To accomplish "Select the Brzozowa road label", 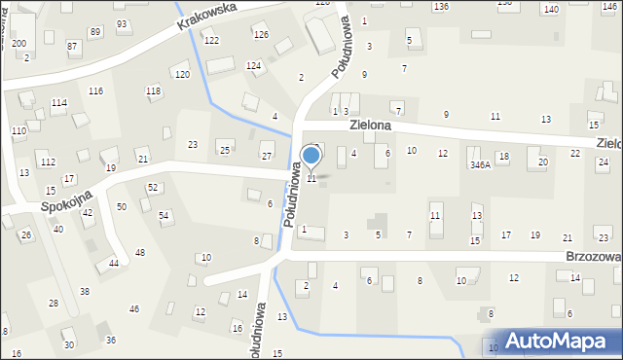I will pyautogui.click(x=593, y=256).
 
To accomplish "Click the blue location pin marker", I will pyautogui.click(x=311, y=156).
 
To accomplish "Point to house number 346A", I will pyautogui.click(x=480, y=165).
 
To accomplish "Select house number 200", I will pyautogui.click(x=18, y=44).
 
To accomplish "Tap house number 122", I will pyautogui.click(x=211, y=40).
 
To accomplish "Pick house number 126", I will pyautogui.click(x=261, y=35).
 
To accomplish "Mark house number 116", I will pyautogui.click(x=95, y=90).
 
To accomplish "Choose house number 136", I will pyautogui.click(x=441, y=7).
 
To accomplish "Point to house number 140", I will pyautogui.click(x=551, y=9).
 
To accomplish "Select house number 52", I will pyautogui.click(x=152, y=187).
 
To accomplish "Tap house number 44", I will pyautogui.click(x=114, y=264).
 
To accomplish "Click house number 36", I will pyautogui.click(x=111, y=340).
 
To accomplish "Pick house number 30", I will pyautogui.click(x=68, y=344).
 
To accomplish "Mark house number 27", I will pyautogui.click(x=266, y=157).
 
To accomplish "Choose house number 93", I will pyautogui.click(x=122, y=23).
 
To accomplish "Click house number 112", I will pyautogui.click(x=48, y=162).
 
